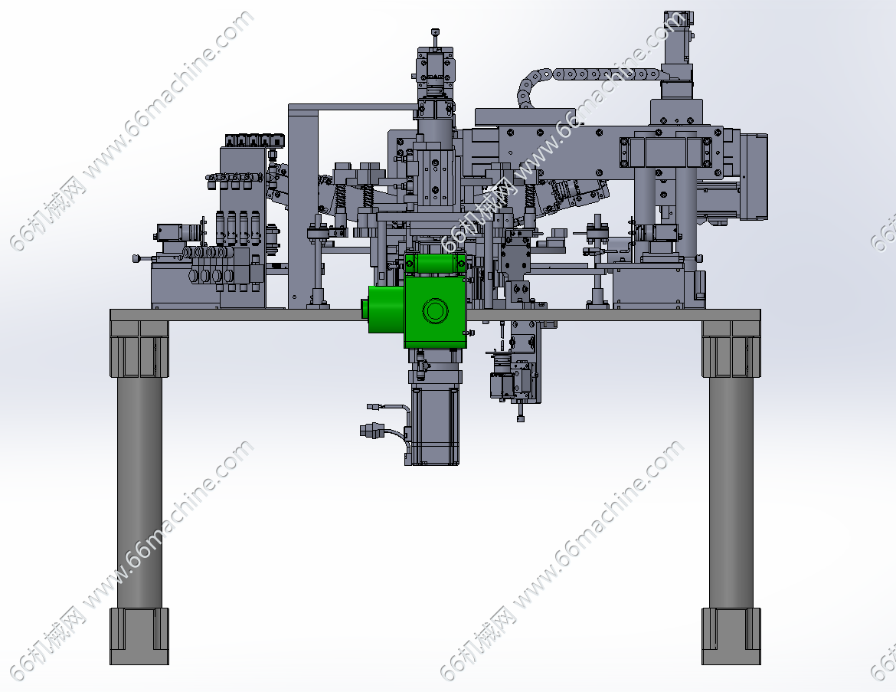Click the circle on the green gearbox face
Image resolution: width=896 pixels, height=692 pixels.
tap(435, 311)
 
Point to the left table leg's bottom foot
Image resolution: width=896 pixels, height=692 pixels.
tap(139, 636)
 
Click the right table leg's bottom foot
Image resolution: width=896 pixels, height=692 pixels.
tap(731, 636)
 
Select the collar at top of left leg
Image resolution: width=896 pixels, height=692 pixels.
tap(139, 349)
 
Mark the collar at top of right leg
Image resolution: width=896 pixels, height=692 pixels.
tap(731, 349)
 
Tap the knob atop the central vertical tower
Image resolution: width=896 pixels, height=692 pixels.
tap(436, 32)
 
